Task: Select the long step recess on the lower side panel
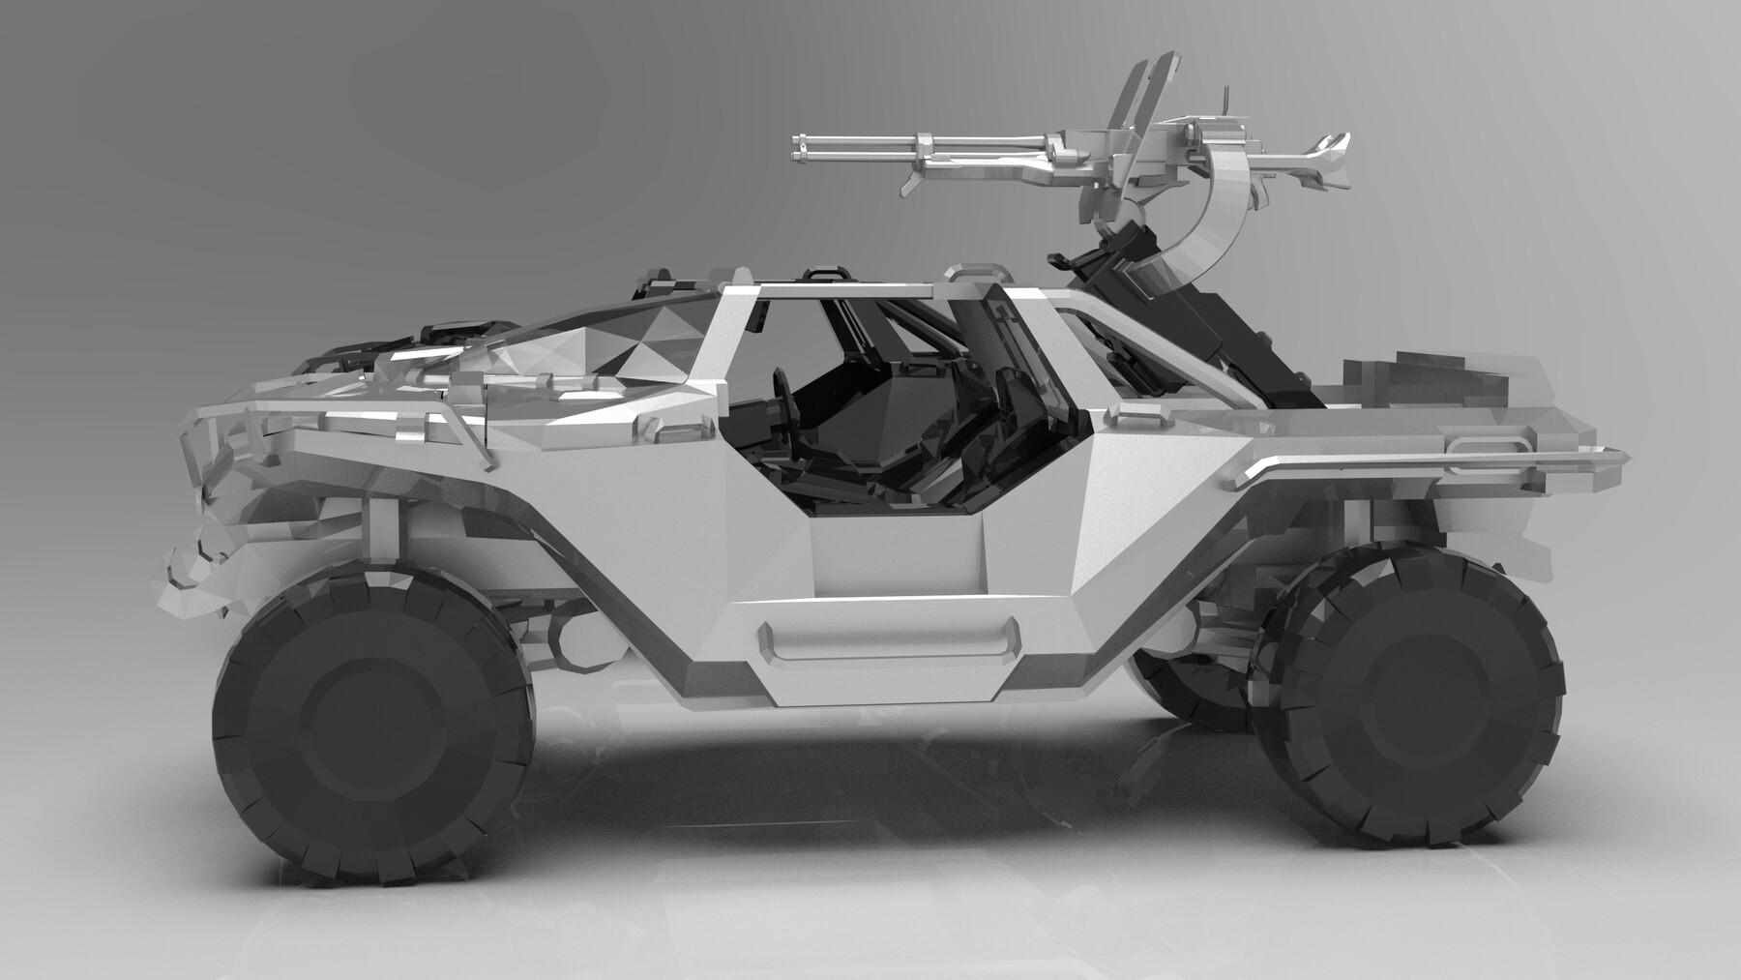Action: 890,638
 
